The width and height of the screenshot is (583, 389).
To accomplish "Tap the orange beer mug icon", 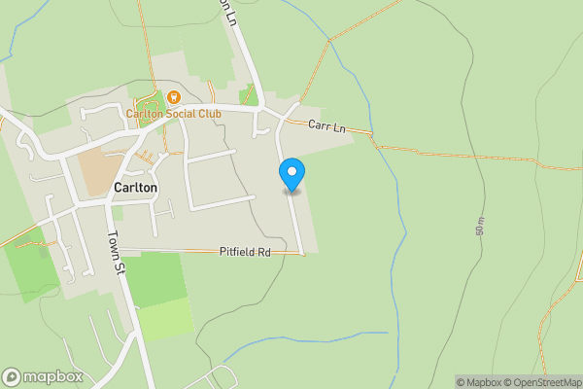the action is coord(173,97).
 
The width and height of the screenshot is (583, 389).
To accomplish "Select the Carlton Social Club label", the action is coord(174,114).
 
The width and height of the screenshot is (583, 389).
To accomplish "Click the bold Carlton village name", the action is coord(135,188).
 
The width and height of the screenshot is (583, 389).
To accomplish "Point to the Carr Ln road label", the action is coord(326,125).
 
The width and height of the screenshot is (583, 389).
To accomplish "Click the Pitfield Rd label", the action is coord(244,252).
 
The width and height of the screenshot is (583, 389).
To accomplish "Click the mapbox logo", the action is coord(42,377).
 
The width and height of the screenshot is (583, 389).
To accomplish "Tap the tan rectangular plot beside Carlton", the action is coord(97,172).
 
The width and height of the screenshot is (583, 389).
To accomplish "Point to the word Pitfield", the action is coord(237,252).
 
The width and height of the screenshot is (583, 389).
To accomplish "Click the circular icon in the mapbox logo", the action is coord(12,377).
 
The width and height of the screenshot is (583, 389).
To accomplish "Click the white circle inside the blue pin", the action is coord(291,170).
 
